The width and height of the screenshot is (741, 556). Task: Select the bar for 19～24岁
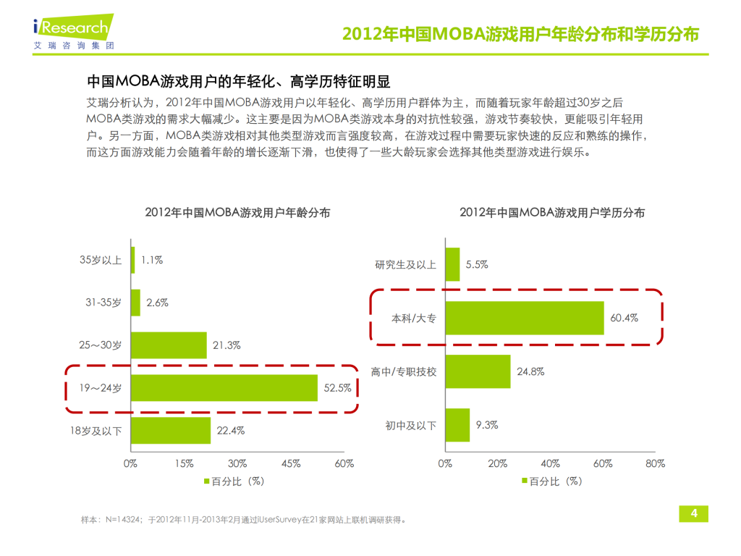click(224, 388)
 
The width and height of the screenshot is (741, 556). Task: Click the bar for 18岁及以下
click(171, 430)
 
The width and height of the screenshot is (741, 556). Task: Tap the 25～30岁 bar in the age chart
click(169, 345)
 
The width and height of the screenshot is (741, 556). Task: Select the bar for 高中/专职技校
click(478, 371)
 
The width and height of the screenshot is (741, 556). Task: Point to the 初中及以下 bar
click(457, 425)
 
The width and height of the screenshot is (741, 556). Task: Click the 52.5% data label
click(336, 388)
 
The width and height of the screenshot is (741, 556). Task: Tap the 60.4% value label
click(624, 318)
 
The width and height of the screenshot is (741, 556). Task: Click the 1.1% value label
click(152, 260)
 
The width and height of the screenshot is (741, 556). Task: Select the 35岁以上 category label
click(101, 260)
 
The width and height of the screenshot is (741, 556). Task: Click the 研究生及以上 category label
click(406, 265)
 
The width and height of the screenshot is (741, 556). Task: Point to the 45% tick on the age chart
click(291, 463)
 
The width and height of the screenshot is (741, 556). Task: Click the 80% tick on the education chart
click(654, 463)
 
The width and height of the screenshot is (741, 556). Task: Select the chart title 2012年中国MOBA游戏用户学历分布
click(552, 213)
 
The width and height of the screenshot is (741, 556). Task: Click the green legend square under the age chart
click(207, 481)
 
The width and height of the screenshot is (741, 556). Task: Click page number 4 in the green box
click(693, 513)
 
